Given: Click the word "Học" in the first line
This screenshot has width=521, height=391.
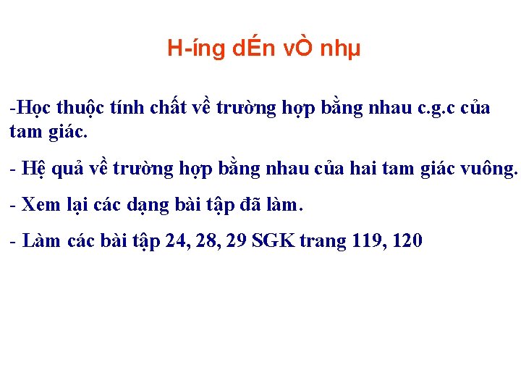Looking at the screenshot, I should point(30,109).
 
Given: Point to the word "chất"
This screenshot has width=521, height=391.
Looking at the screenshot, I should point(172,109).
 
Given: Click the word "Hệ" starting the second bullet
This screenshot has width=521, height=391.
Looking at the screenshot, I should point(33,169).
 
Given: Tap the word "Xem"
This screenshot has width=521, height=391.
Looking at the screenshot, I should point(41,205).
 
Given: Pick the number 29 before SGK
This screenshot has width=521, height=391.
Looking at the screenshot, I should point(236,241).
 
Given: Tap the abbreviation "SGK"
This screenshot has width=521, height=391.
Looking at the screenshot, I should point(274,241).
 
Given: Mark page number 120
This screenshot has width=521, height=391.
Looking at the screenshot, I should point(407,241).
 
